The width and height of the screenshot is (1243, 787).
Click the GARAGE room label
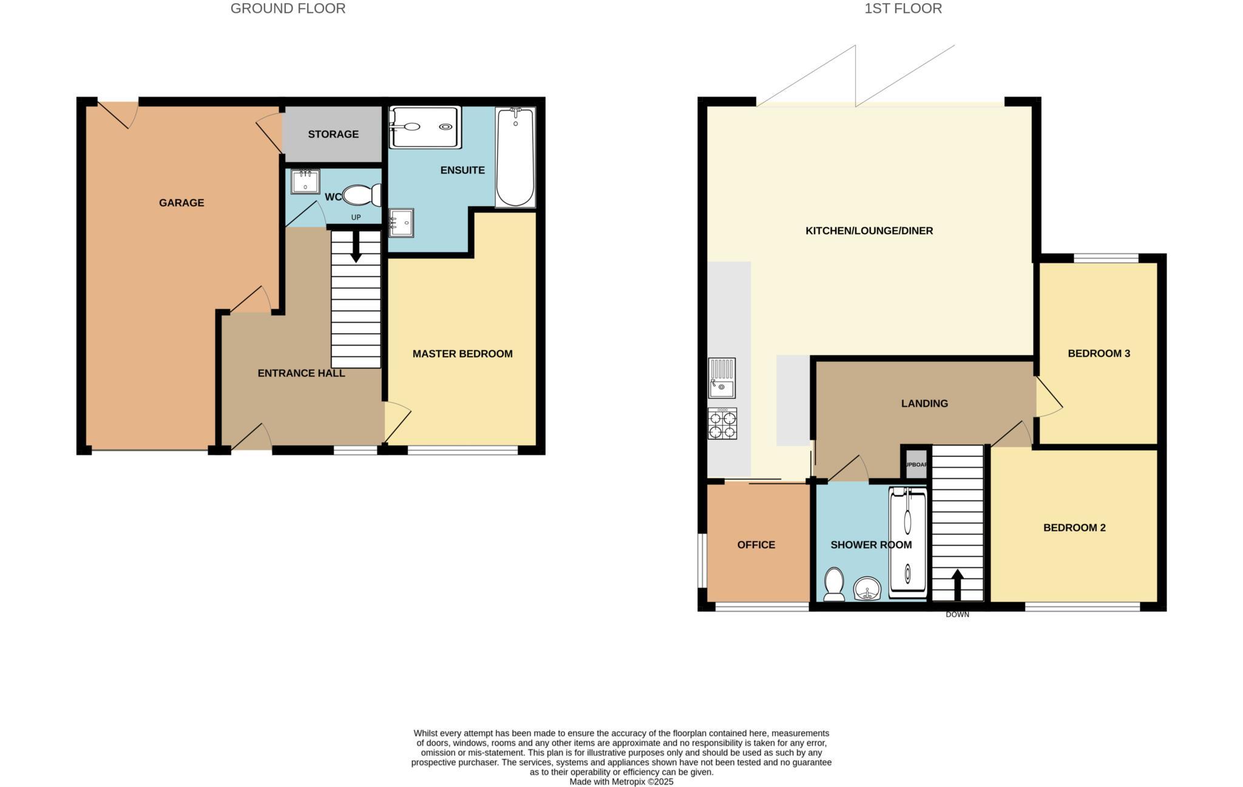click(181, 203)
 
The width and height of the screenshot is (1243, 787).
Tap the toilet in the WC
click(362, 195)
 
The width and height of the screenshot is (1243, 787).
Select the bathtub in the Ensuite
click(515, 157)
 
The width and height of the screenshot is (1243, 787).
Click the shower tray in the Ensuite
click(425, 127)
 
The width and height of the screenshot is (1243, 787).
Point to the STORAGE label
click(333, 134)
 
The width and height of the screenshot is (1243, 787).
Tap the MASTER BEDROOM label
click(462, 354)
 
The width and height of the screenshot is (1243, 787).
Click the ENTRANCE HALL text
click(301, 373)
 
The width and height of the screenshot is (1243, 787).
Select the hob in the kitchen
click(722, 424)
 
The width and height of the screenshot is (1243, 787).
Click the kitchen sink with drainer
click(722, 377)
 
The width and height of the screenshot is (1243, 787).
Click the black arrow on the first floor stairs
click(958, 584)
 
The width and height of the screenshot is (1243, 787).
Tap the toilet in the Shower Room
click(835, 584)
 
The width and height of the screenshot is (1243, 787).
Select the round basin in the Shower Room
click(867, 589)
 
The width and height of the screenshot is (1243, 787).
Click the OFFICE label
click(756, 545)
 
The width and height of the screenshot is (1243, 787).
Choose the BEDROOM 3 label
click(1099, 353)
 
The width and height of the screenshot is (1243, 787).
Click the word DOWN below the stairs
click(957, 615)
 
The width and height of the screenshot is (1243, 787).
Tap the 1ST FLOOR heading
click(903, 8)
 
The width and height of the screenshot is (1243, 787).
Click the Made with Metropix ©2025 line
click(621, 782)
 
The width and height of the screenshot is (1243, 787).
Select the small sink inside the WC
click(305, 181)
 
